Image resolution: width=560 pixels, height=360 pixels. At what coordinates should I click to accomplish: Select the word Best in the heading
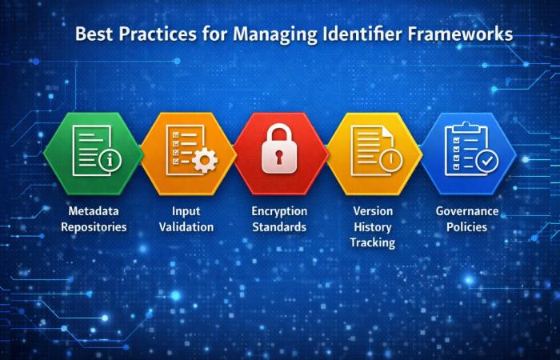coord(94,36)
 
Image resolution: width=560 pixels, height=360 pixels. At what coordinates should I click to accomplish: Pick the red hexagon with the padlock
coord(279,153)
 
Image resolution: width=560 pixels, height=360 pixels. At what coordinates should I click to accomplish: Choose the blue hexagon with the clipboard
coord(468,152)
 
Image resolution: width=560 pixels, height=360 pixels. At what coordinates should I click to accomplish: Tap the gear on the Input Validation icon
coord(206,162)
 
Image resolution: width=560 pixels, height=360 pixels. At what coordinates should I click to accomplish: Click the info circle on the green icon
coord(110,161)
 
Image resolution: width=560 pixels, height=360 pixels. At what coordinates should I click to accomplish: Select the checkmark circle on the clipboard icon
coord(486,161)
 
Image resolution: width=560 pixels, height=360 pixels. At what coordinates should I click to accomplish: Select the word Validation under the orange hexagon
coord(186,227)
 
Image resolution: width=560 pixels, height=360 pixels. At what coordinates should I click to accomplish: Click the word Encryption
coord(279,211)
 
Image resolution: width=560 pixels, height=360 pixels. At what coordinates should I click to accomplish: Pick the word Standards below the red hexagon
coord(279,227)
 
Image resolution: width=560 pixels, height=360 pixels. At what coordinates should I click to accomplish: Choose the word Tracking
coord(373,242)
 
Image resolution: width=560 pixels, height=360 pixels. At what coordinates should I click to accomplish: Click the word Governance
coord(466,211)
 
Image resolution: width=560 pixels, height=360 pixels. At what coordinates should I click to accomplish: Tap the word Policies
coord(466,227)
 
